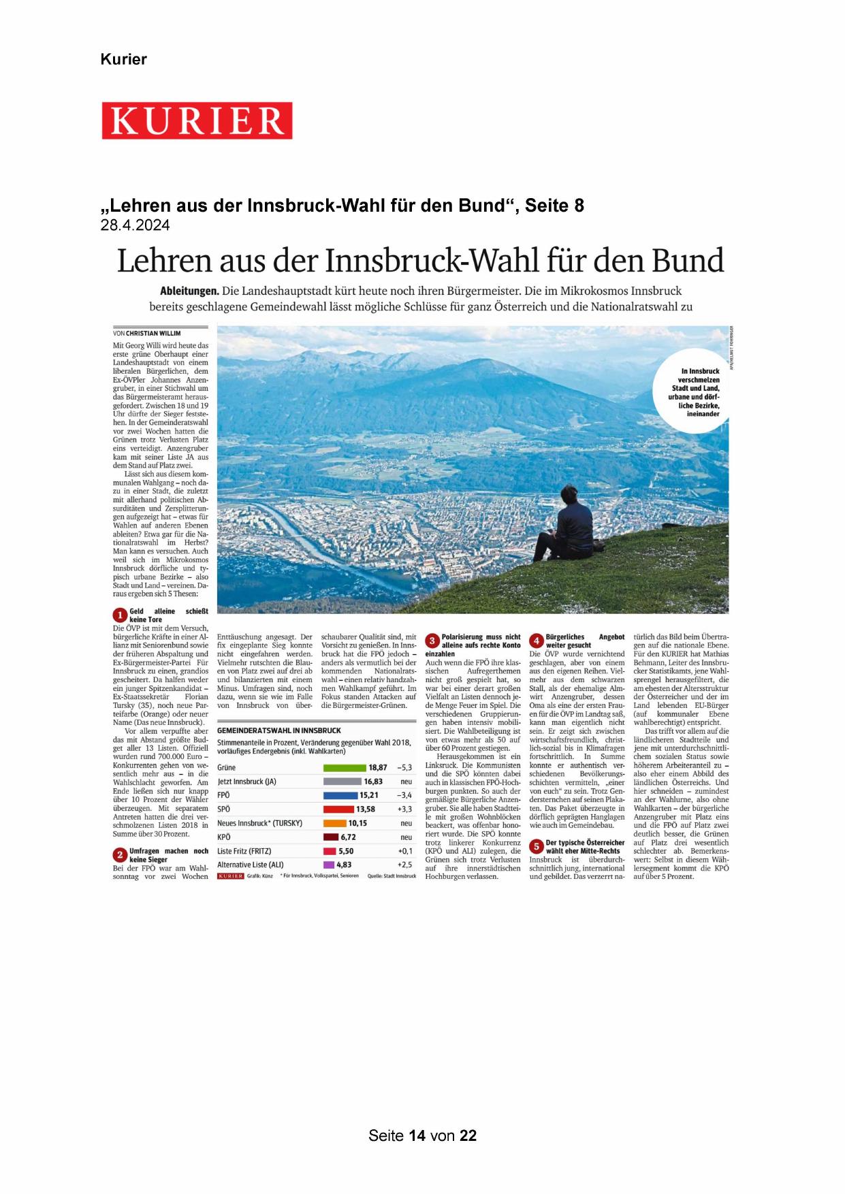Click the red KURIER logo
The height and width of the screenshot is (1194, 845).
pyautogui.click(x=197, y=120)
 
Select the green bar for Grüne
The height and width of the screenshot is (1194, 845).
pyautogui.click(x=345, y=767)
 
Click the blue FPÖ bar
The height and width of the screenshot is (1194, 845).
pyautogui.click(x=340, y=795)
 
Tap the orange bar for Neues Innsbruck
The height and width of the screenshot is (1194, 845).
pyautogui.click(x=334, y=823)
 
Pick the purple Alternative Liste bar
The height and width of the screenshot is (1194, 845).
pyautogui.click(x=329, y=865)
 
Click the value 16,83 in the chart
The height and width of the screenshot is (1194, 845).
pyautogui.click(x=372, y=781)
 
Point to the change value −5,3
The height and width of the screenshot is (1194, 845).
pyautogui.click(x=404, y=767)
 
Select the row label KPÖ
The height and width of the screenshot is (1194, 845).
pyautogui.click(x=224, y=837)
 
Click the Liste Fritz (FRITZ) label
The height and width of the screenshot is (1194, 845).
pyautogui.click(x=244, y=851)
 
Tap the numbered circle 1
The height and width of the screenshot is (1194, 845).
pyautogui.click(x=120, y=615)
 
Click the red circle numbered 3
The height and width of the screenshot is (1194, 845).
pyautogui.click(x=432, y=641)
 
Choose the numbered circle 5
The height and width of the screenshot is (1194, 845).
pyautogui.click(x=536, y=846)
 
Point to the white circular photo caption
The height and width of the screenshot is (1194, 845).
pyautogui.click(x=692, y=392)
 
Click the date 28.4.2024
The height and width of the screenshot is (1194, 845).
pyautogui.click(x=135, y=225)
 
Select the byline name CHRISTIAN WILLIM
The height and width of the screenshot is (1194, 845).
pyautogui.click(x=153, y=334)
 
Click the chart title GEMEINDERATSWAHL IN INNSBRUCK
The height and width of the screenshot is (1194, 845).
pyautogui.click(x=279, y=730)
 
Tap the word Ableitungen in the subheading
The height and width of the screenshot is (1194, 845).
pyautogui.click(x=189, y=291)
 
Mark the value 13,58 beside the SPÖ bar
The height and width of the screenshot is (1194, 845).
pyautogui.click(x=366, y=809)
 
